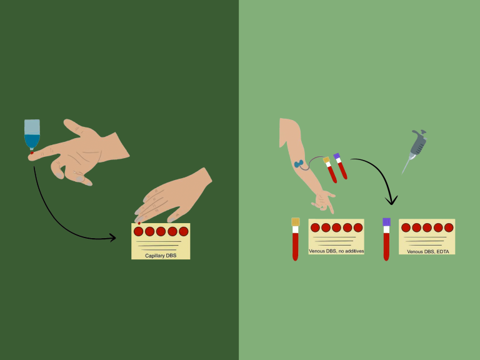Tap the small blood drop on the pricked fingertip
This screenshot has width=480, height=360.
point(31,152)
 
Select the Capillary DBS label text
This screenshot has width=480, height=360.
point(161,255)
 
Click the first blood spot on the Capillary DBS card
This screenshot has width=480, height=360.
point(139,231)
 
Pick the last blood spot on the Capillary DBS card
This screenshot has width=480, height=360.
point(183,231)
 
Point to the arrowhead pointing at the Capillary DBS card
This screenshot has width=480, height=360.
point(112,237)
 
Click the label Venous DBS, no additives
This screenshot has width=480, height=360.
point(336,251)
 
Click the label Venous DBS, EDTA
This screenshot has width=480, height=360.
point(427,251)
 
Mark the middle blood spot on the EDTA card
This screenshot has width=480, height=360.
point(427,227)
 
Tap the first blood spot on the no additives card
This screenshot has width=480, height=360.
point(316,227)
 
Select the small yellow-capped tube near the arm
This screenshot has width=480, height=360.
point(330,169)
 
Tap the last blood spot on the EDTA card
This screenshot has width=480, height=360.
point(448,227)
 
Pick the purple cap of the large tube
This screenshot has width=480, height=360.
point(386,221)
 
